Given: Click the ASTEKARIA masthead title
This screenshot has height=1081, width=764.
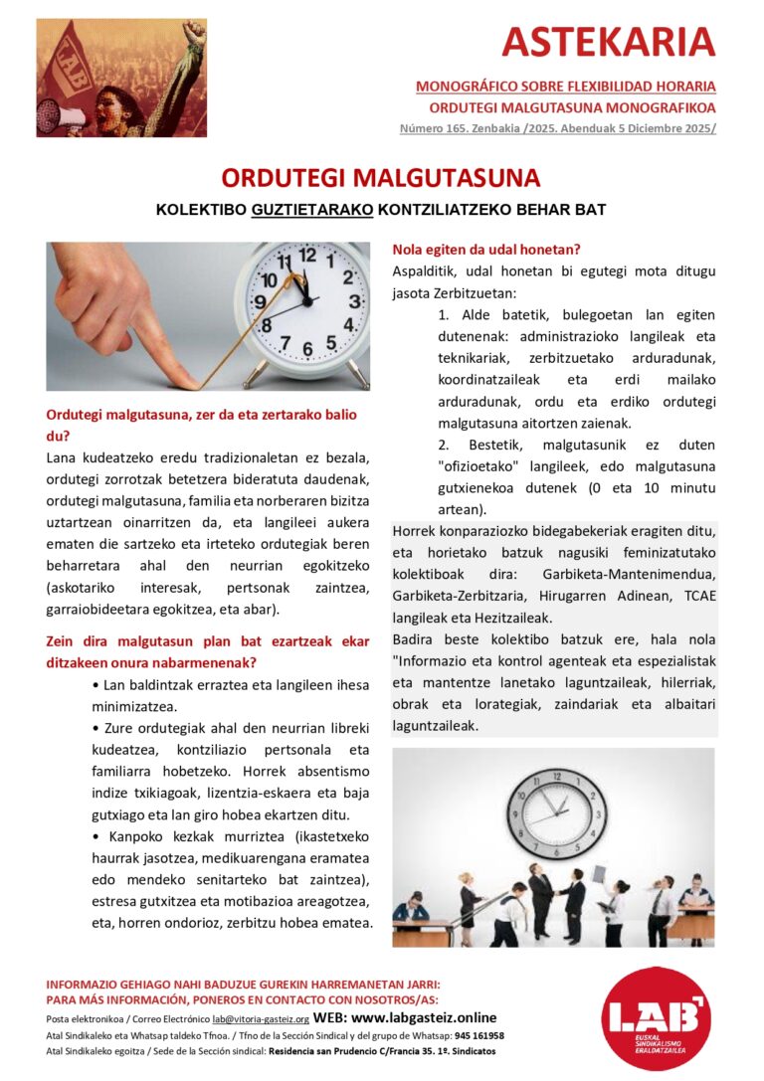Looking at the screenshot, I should [x=609, y=43].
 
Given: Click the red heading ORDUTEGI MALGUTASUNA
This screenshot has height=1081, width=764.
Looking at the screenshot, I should [x=381, y=178].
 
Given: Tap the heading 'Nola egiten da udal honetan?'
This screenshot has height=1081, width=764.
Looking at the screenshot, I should [x=486, y=249].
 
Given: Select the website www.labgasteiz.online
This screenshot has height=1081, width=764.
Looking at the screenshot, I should [x=424, y=1018].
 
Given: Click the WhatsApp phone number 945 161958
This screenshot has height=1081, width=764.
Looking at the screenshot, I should [x=479, y=1035].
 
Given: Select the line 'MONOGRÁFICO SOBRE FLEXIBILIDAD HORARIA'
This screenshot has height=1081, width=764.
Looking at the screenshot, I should [x=565, y=87].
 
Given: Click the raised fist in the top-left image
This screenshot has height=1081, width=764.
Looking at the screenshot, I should [x=195, y=31].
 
